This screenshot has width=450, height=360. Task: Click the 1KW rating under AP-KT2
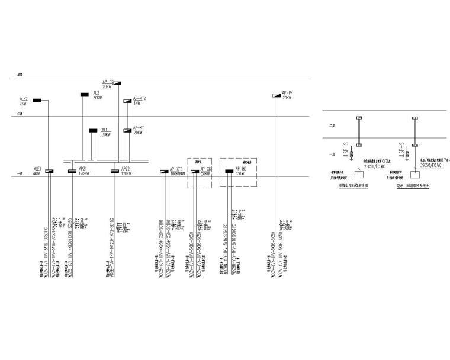tap(137, 103)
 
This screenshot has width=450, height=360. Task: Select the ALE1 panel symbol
tap(49, 172)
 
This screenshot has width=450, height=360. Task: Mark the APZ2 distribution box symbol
tap(115, 172)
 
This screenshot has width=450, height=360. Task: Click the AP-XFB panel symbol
tap(164, 172)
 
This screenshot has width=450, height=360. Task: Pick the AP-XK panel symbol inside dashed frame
tap(195, 172)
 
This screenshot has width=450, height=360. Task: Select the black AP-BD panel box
tap(229, 172)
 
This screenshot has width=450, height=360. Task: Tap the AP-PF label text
tap(287, 92)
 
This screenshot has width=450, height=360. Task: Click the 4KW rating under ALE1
tap(36, 174)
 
